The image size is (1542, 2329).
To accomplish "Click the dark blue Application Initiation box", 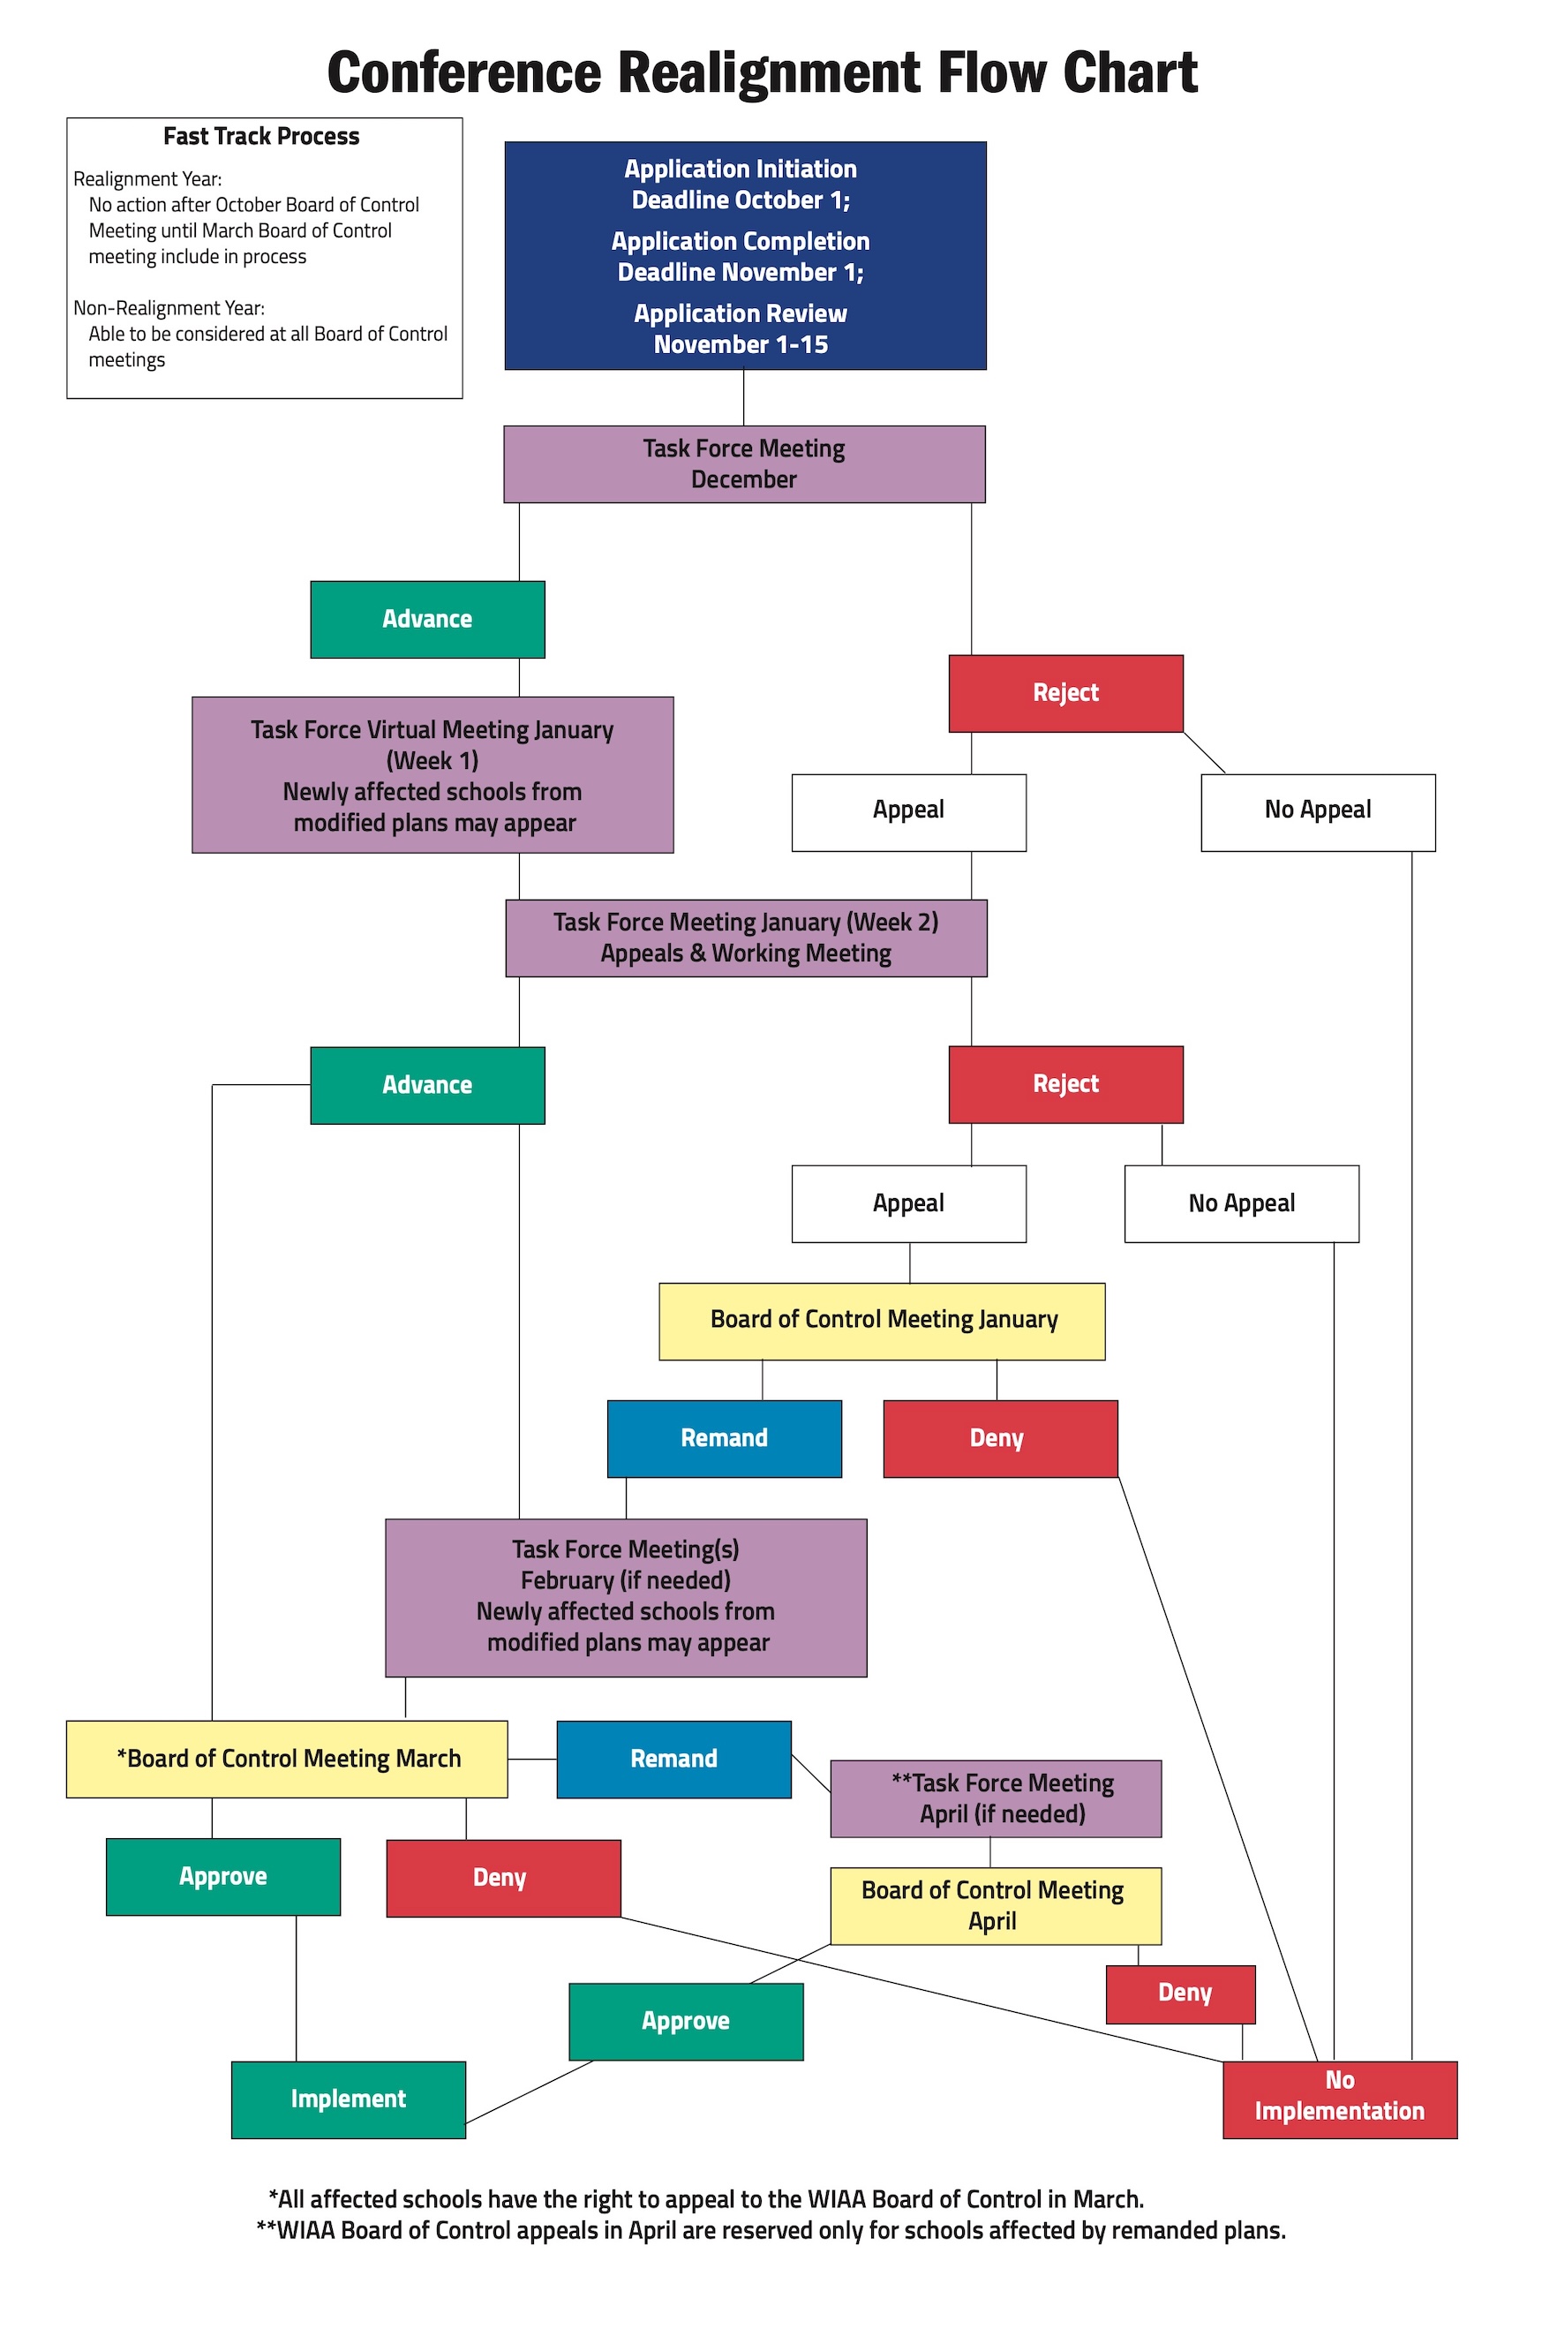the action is coord(746,256).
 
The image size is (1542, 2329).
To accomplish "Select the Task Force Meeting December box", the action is coord(744,464).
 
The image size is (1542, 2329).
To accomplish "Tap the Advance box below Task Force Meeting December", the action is coord(428,620).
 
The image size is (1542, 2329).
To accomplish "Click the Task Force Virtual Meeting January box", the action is coord(433,775).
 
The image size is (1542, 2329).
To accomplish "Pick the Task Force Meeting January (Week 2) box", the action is coord(747,938).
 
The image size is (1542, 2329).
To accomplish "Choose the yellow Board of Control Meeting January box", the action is coord(882,1321).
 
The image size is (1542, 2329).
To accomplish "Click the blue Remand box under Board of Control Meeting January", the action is coord(725,1439).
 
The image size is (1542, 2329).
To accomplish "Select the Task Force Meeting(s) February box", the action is coord(627,1597).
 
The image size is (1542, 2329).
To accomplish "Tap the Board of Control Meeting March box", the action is coord(287,1760).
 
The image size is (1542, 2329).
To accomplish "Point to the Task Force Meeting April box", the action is coord(997,1799).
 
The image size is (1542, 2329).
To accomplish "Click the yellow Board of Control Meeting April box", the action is coord(997,1906).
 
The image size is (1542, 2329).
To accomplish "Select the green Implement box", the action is coord(350,2099).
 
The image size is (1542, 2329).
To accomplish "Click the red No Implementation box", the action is coord(1341,2099).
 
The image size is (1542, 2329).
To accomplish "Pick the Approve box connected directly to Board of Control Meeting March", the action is coord(223,1877).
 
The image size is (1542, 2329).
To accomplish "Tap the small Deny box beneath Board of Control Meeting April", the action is coord(1181,1994).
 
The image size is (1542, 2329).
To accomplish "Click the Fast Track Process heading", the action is coord(261,137).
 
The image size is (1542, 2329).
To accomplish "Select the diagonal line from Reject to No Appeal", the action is coord(1205,752).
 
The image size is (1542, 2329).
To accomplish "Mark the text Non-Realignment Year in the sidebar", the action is coord(169,308).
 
